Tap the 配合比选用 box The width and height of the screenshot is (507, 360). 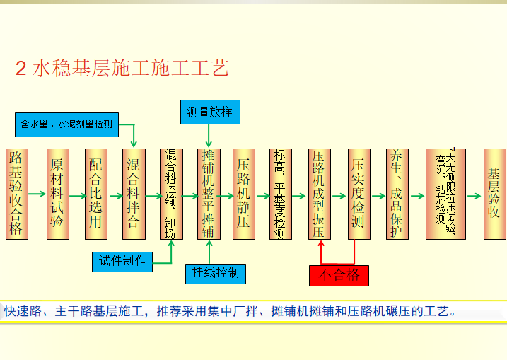[95, 194]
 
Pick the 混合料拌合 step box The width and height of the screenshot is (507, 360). [134, 194]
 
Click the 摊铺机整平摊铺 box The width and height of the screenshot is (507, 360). [209, 194]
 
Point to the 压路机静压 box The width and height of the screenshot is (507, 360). [244, 194]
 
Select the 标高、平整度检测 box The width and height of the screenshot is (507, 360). [281, 194]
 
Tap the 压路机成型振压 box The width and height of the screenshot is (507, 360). [320, 194]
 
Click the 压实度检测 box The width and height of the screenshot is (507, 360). [359, 194]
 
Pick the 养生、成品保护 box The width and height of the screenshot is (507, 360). [397, 194]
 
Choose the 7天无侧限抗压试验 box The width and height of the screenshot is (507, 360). [445, 194]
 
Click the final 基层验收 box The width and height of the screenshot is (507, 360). [494, 194]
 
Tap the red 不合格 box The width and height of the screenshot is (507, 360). [339, 274]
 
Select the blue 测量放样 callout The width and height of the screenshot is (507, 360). [210, 112]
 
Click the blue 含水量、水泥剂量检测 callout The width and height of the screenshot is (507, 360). [66, 124]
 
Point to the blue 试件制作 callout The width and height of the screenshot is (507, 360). [122, 260]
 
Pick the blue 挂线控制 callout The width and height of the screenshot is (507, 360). [216, 272]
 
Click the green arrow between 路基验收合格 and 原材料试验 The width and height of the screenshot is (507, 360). [37, 194]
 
